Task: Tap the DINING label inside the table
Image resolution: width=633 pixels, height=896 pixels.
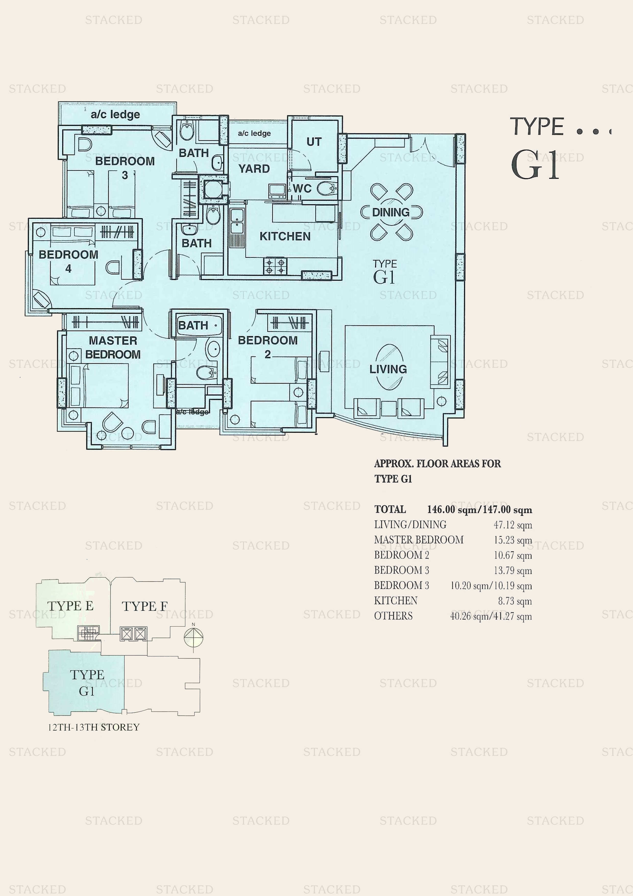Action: tap(391, 212)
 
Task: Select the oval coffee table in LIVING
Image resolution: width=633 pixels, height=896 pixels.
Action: tap(388, 367)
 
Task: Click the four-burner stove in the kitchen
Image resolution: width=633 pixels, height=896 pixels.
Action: tap(275, 267)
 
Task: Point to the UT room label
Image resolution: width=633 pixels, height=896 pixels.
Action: tap(314, 142)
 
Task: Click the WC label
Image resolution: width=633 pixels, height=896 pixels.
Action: tap(302, 188)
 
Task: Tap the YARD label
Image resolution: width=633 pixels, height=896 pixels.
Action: tap(254, 169)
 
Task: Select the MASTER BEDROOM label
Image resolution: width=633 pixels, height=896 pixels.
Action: tap(113, 347)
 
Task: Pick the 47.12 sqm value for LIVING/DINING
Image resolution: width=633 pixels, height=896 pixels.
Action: tap(513, 525)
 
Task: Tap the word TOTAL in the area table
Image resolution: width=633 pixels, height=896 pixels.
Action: tap(390, 510)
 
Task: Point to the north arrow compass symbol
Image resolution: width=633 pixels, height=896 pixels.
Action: tap(193, 637)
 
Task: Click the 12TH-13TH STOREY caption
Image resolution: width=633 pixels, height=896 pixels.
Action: tap(94, 727)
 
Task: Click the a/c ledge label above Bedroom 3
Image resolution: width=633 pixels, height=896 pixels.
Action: tap(115, 114)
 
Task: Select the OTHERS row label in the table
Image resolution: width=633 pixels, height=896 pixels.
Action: tap(393, 616)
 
